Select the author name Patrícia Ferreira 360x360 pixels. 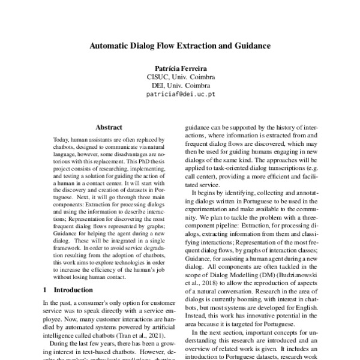(180, 68)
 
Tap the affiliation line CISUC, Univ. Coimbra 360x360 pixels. (180, 77)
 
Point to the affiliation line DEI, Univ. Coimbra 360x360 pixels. (180, 85)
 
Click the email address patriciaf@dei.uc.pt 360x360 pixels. (180, 94)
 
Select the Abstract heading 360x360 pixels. (109, 127)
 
